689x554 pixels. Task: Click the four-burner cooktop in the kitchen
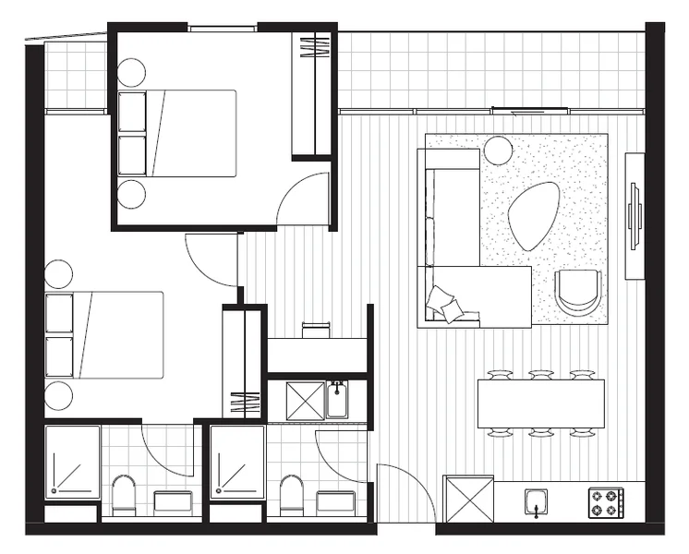coord(605,503)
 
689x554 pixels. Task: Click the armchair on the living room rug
coord(578,293)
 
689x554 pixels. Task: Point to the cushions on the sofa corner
coord(443,303)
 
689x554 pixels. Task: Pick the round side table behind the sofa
coord(499,150)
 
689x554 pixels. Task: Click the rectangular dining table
coord(540,403)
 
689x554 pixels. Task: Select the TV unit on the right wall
coord(635,215)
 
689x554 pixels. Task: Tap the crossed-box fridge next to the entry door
coord(468,499)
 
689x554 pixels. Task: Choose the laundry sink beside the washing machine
coord(337,400)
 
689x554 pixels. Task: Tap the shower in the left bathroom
coord(72,463)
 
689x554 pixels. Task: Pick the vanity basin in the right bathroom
coord(335,501)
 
